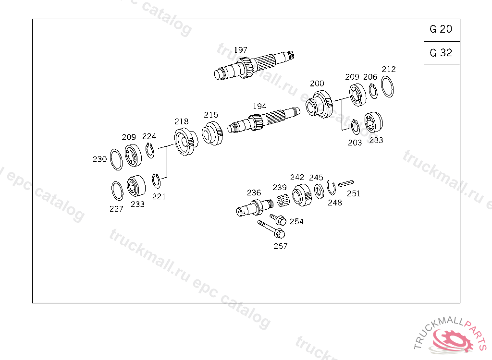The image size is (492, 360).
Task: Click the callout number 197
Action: [241, 50]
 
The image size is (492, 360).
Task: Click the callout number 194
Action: [259, 106]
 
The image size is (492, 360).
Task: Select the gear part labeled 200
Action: [319, 105]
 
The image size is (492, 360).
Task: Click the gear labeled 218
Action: [186, 142]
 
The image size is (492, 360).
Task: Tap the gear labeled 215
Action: [212, 133]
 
